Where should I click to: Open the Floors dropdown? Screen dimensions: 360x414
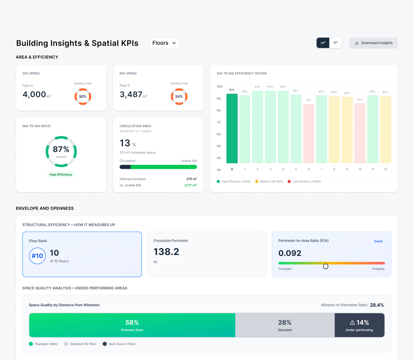(164, 43)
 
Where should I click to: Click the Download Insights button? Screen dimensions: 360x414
(373, 43)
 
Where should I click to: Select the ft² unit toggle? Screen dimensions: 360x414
(335, 43)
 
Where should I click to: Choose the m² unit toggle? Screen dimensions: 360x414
(323, 43)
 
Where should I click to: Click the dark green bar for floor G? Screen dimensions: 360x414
(232, 129)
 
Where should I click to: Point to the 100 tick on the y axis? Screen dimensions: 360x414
(219, 87)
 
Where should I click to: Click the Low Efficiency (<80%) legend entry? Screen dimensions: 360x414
(304, 181)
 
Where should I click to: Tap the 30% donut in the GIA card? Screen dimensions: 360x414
(83, 97)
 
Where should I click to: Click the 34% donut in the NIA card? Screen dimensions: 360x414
(179, 97)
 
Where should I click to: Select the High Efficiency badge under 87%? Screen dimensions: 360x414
(61, 175)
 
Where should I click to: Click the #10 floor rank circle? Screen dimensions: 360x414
(37, 256)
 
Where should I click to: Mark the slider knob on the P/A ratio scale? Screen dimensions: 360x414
(325, 266)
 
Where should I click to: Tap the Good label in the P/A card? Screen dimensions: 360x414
(378, 241)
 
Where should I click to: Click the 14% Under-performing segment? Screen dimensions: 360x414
(359, 325)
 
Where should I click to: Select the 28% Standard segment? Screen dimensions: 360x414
(285, 325)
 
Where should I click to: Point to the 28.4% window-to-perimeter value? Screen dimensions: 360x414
(377, 305)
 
